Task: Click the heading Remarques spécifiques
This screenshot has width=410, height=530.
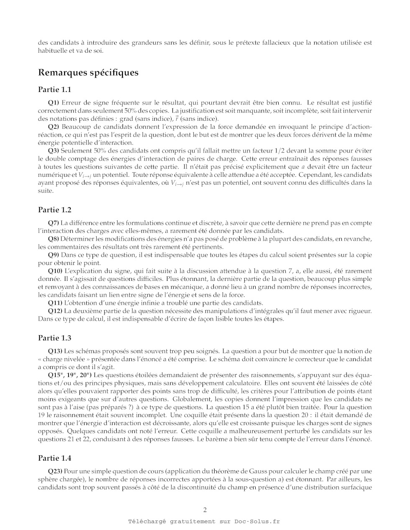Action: pyautogui.click(x=88, y=73)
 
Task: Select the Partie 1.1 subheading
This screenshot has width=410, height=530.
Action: pyautogui.click(x=54, y=89)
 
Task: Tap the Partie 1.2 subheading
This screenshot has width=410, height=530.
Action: pyautogui.click(x=54, y=210)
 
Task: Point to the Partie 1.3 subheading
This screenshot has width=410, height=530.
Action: pyautogui.click(x=54, y=338)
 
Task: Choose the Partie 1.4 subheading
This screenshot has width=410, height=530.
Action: pyautogui.click(x=54, y=459)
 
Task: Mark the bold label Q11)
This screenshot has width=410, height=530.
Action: pyautogui.click(x=55, y=303)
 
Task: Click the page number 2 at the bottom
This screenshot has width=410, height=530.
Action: pyautogui.click(x=205, y=510)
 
